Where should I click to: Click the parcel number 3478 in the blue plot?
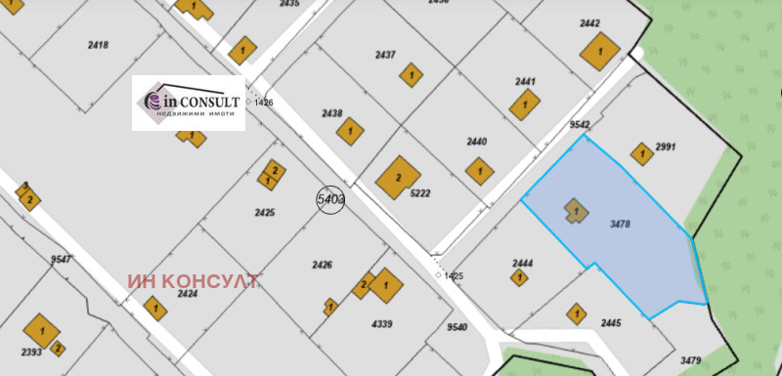click(619, 225)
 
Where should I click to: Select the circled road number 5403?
click(330, 199)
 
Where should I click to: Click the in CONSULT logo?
click(188, 103)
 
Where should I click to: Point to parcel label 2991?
click(667, 146)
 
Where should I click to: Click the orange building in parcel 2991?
click(641, 153)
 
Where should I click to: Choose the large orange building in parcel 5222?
click(399, 178)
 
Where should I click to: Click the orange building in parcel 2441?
click(525, 102)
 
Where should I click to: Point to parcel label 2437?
click(385, 55)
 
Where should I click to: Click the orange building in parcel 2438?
click(351, 130)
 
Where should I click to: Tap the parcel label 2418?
click(98, 45)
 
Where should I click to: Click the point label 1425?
click(452, 276)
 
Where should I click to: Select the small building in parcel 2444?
click(517, 277)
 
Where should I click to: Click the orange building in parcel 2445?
click(576, 313)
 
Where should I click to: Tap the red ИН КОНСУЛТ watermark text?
click(193, 282)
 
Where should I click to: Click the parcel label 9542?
click(580, 125)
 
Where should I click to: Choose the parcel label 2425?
click(265, 212)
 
